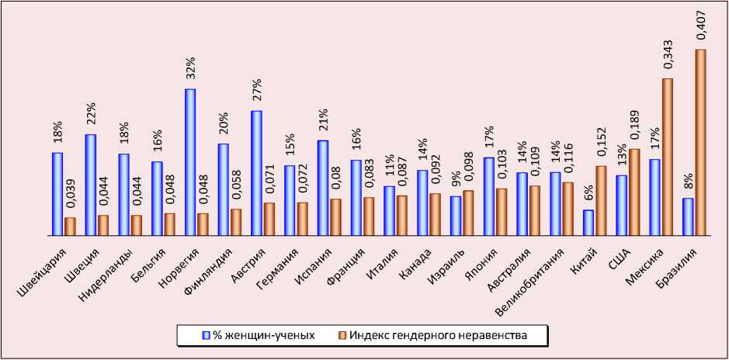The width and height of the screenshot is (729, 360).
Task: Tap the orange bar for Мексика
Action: [x=668, y=156]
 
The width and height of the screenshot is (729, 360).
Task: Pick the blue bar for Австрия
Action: [x=256, y=172]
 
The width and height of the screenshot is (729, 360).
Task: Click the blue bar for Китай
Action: [x=588, y=222]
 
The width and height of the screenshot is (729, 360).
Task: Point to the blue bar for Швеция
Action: [x=91, y=184]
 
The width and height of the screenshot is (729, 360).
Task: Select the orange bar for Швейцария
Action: [x=70, y=226]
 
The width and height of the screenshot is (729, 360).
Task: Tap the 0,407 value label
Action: [x=700, y=23]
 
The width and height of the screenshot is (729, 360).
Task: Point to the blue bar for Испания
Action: [x=322, y=187]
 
